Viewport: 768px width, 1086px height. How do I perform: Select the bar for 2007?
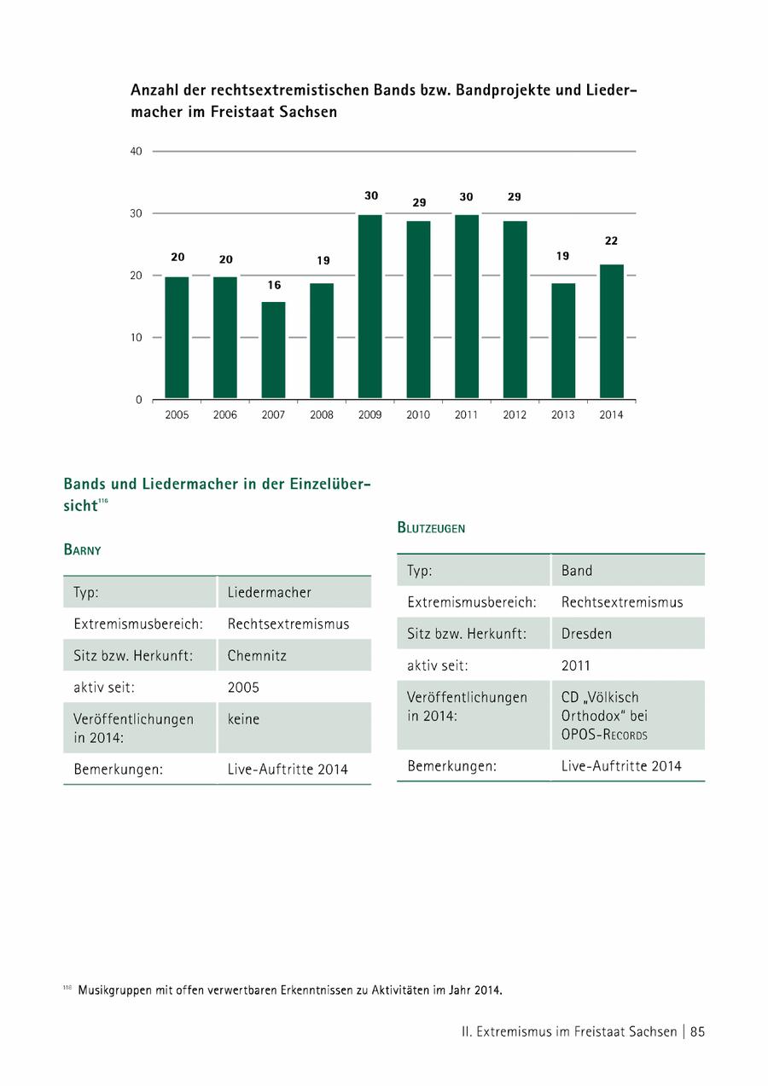click(x=273, y=350)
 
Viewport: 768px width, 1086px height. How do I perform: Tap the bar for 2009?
click(x=370, y=306)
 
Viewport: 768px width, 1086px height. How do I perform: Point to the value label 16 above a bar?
click(x=273, y=286)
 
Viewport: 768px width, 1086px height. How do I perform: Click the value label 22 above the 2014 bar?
click(x=612, y=241)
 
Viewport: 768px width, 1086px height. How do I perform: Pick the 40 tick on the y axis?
click(x=136, y=152)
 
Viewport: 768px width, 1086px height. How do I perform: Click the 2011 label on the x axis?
click(x=467, y=415)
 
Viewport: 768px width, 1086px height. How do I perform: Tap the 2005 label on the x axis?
click(x=177, y=415)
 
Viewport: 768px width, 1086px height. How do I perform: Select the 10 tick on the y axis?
click(x=136, y=338)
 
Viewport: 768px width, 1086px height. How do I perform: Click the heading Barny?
click(x=83, y=550)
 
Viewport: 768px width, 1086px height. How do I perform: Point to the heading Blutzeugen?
click(x=431, y=528)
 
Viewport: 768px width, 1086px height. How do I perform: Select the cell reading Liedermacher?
click(x=270, y=592)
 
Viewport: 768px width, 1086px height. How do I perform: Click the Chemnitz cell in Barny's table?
click(x=257, y=656)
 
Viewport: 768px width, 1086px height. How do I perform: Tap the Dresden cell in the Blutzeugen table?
click(x=586, y=634)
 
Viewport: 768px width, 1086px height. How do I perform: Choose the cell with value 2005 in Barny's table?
click(x=243, y=687)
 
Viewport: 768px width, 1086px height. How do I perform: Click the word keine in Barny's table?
click(x=243, y=719)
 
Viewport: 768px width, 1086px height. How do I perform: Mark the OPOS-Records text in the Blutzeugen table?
click(x=604, y=735)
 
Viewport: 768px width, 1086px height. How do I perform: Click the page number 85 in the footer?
click(x=697, y=1031)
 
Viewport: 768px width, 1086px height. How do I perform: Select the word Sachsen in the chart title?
click(x=308, y=112)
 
